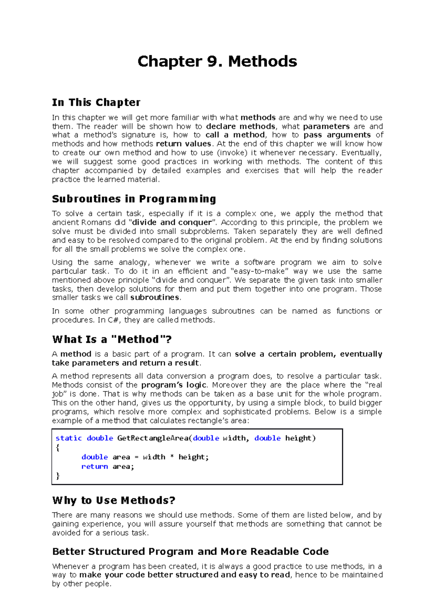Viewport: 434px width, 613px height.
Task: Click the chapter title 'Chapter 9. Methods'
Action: tap(217, 61)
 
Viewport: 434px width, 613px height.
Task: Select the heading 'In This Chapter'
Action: tap(96, 103)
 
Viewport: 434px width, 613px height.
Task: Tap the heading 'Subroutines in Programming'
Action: tap(134, 199)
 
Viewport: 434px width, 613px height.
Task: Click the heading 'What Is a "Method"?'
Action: tap(112, 339)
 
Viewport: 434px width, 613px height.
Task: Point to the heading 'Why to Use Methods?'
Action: tap(114, 500)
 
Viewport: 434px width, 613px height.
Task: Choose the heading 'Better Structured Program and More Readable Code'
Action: tap(190, 552)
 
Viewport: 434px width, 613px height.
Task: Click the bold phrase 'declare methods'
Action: tap(241, 126)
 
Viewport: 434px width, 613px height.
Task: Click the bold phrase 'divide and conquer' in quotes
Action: tap(172, 222)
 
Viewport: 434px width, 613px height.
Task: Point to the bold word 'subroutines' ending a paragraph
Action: tap(155, 297)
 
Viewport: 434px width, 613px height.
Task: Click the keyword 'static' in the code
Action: tap(69, 438)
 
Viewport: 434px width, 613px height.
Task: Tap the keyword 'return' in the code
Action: tap(94, 467)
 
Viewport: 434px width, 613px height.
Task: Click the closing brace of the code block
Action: tap(58, 476)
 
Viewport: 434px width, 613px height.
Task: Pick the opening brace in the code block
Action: tap(58, 448)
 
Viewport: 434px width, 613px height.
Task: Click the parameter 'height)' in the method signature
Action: tap(300, 438)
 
